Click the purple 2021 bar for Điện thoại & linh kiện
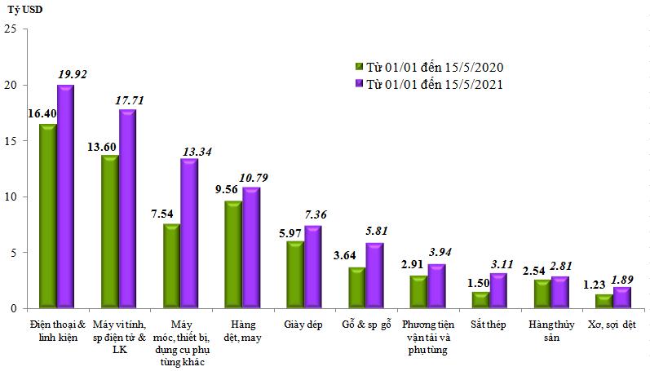(66, 196)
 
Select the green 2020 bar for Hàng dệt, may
(232, 254)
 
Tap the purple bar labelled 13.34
(189, 233)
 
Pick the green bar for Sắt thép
(480, 299)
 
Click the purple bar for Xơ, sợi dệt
(621, 298)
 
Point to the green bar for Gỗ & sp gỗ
(356, 287)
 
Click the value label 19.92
(72, 74)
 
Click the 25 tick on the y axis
(11, 29)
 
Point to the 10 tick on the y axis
(11, 197)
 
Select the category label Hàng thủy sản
(544, 330)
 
